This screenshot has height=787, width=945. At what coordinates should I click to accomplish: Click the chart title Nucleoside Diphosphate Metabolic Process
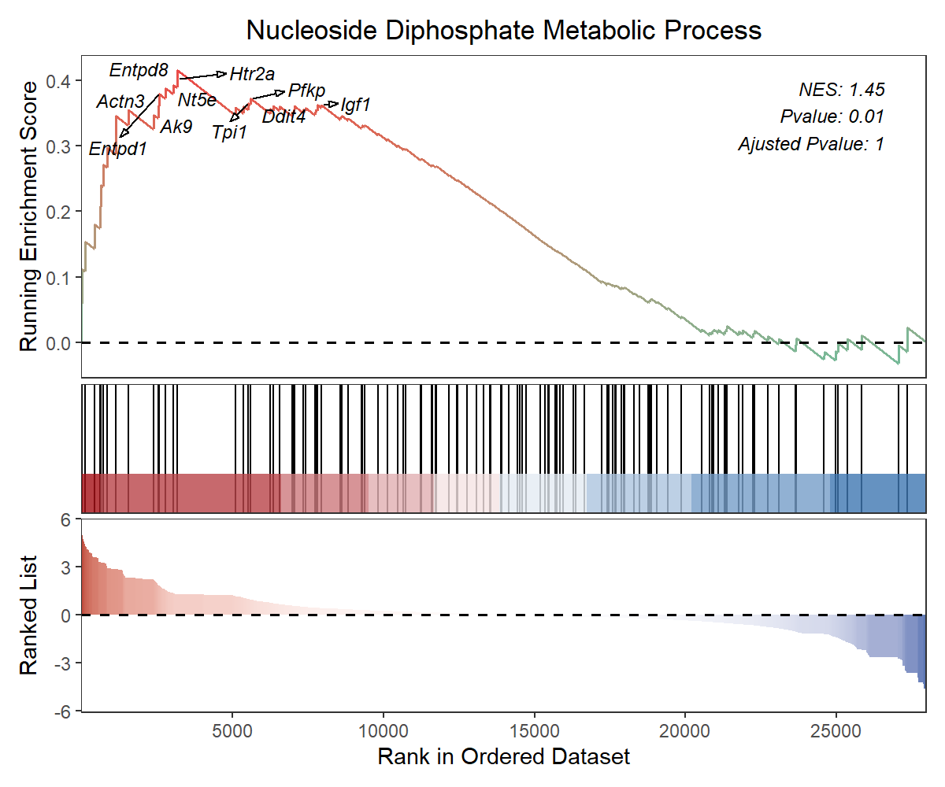504,31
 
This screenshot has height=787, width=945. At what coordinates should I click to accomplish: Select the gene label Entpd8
139,71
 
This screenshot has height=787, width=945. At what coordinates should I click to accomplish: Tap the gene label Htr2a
252,75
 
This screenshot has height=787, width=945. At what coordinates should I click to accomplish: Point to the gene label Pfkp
306,91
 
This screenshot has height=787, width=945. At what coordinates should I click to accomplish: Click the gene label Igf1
355,104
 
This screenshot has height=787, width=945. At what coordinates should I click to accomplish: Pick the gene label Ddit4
283,117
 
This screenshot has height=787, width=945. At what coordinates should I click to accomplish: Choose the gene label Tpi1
230,132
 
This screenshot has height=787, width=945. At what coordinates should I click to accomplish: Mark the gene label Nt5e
197,100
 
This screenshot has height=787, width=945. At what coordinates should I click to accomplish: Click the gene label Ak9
176,127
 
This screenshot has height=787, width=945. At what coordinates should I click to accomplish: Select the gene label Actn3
120,102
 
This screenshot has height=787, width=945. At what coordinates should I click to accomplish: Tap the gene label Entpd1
118,148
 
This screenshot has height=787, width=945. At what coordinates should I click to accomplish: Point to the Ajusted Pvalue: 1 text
811,144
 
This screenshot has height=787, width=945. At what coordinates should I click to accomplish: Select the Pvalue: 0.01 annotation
832,116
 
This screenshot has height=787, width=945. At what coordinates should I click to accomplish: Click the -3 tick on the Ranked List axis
65,663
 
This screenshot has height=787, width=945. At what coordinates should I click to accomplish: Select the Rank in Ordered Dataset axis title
504,757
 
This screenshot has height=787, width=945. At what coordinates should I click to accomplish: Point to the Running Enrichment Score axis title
29,216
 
